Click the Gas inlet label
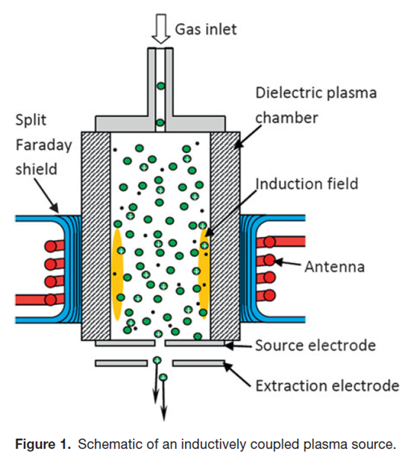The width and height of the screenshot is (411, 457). (206, 29)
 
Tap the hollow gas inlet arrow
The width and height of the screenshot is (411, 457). (160, 29)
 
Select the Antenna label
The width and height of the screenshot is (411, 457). (335, 267)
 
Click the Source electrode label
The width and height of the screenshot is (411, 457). (316, 346)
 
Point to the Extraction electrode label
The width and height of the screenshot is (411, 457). (327, 386)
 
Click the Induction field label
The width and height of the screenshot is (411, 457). (307, 184)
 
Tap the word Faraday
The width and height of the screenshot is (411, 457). (44, 145)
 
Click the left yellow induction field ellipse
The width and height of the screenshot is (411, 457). (117, 274)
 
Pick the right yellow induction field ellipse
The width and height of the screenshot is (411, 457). (204, 274)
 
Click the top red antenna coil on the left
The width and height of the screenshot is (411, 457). (54, 246)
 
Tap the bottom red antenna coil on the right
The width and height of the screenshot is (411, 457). (266, 295)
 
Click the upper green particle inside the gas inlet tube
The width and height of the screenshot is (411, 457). (160, 86)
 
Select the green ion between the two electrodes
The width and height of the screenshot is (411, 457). (157, 360)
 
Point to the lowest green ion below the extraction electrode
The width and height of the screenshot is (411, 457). (163, 378)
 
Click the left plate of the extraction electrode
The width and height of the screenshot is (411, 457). (122, 363)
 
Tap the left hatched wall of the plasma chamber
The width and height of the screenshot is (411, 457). (96, 236)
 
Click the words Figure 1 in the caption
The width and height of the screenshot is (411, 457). (43, 444)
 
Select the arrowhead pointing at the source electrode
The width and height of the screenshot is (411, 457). (229, 346)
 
